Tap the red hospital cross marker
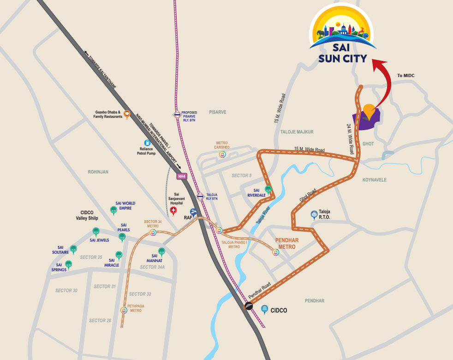coord(173,211)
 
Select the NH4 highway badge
coord(182,176)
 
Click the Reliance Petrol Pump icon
coord(148,143)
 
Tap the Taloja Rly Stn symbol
coord(200,196)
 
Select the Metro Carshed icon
coord(223,154)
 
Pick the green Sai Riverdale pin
coord(268,189)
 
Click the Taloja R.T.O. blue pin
coord(314,215)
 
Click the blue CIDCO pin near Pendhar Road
coord(265,309)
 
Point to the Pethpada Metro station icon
coord(123,310)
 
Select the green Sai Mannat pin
coord(161,252)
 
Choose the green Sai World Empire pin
coord(113,210)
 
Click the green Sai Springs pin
coord(68,264)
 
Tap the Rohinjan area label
coord(98,172)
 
